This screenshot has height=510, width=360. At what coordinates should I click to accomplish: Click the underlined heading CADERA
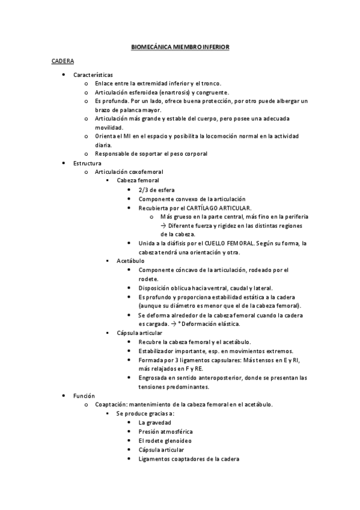pos(62,61)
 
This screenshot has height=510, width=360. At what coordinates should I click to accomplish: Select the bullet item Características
pos(93,75)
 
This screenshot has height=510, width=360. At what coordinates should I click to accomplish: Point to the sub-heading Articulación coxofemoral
pos(129,171)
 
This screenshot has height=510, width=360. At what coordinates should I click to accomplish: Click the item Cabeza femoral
pos(138,180)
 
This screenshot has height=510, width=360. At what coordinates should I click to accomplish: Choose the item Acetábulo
pos(130,260)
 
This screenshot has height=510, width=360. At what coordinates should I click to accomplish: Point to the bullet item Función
pos(84,396)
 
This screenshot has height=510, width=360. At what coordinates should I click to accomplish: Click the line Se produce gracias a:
pos(145,414)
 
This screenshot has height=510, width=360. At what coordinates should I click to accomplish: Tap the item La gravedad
pos(154,423)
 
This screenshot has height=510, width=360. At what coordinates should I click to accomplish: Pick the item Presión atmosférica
pos(165,432)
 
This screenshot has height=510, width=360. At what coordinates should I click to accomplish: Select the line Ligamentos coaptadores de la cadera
pos(188,459)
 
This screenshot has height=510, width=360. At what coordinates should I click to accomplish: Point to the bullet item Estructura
pos(87,163)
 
